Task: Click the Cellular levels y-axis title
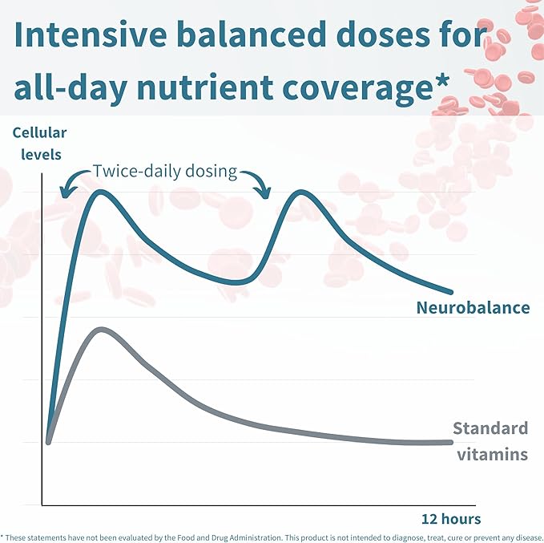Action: pos(39,142)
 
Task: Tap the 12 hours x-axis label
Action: pos(451,518)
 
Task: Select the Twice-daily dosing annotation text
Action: pos(163,171)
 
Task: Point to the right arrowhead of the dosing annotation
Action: pos(264,194)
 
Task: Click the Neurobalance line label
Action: pos(473,307)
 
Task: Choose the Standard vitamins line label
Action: pos(491,441)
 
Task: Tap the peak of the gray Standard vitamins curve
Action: pos(99,329)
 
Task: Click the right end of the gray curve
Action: pos(451,442)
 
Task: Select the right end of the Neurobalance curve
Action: pos(451,292)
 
